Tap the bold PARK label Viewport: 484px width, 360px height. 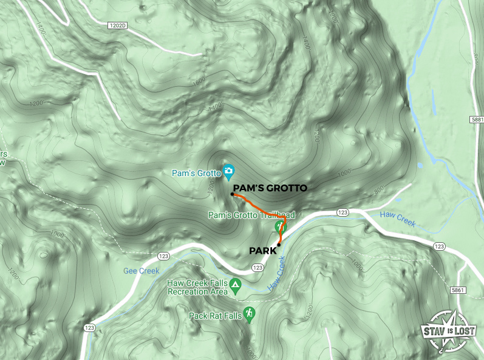262,250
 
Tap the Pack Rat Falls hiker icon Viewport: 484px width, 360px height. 250,314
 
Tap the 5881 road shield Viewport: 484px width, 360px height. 476,120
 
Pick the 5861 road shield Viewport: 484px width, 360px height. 458,291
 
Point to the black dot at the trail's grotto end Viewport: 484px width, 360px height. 233,195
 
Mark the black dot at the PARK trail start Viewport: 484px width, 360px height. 279,245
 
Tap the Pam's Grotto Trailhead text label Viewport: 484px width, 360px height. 251,215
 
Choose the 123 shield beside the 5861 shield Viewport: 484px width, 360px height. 440,246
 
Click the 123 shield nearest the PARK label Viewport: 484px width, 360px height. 257,268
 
